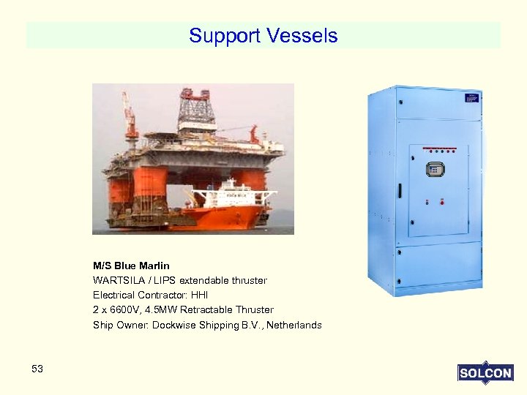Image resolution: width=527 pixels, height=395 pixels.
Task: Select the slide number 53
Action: click(x=37, y=369)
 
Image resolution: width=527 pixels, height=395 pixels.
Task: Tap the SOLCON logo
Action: click(x=485, y=372)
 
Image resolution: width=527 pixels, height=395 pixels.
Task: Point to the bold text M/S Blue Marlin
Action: click(x=131, y=266)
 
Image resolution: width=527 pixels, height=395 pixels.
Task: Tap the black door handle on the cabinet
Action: click(x=400, y=191)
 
